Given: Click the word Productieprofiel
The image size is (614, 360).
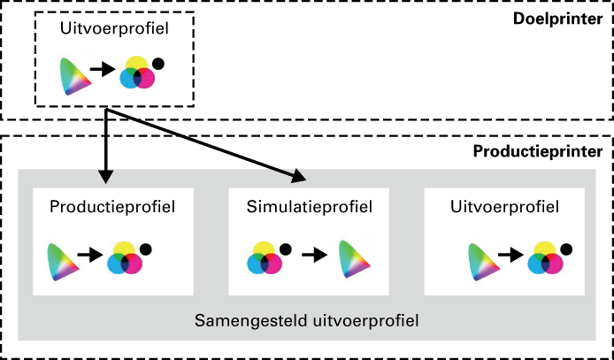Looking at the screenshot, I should click(x=112, y=207).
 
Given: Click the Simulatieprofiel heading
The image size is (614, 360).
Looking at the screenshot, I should click(x=309, y=207).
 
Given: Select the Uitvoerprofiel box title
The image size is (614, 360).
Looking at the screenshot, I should click(x=504, y=207).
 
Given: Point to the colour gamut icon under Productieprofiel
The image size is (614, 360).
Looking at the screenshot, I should click(x=61, y=261).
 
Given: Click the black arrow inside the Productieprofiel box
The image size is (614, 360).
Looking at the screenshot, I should click(x=90, y=255).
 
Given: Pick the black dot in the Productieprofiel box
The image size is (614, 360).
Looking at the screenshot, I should click(x=146, y=249).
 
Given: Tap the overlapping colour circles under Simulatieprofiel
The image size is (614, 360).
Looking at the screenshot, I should click(x=265, y=260).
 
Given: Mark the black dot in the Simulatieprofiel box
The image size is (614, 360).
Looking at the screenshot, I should click(x=286, y=249).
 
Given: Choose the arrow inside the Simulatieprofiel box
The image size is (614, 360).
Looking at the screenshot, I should click(x=315, y=255).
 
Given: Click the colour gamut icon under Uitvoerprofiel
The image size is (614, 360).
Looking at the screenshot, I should click(x=481, y=261).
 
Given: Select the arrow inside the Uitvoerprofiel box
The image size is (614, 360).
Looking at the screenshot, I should click(x=510, y=255).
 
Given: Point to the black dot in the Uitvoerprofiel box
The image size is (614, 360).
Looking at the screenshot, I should click(x=566, y=249).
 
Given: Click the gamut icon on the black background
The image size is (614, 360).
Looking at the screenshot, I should click(x=75, y=77).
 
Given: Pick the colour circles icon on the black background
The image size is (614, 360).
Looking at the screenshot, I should click(x=136, y=74).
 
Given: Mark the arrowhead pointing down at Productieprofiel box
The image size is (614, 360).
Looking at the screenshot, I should click(x=106, y=175).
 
